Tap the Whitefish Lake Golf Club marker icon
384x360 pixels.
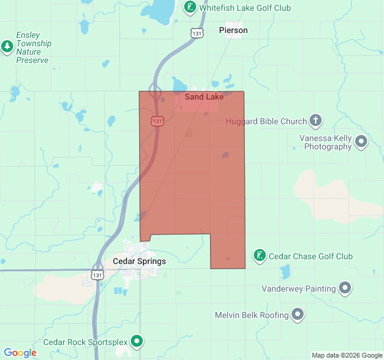[190, 8]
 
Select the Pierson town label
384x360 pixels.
[233, 30]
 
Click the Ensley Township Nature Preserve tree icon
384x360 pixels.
[7, 46]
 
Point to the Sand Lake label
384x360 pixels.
[204, 97]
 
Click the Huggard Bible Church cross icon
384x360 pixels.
[316, 121]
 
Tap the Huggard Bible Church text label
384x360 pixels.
[266, 121]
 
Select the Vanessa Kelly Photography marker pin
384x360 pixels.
[361, 142]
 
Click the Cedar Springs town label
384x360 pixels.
[139, 262]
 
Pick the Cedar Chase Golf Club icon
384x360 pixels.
[259, 256]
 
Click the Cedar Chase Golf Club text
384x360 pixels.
[311, 256]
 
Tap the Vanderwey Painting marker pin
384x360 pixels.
[345, 289]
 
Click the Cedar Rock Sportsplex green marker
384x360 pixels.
[137, 342]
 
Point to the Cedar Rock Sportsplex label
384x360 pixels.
[85, 342]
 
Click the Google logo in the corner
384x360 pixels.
[20, 353]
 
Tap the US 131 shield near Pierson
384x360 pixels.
[197, 34]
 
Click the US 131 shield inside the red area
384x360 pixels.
[157, 121]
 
